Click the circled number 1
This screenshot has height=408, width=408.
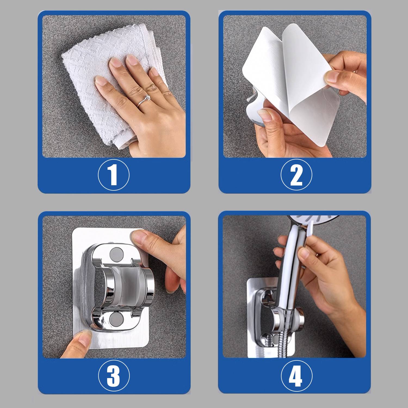point(114,175)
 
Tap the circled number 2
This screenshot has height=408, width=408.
point(296,175)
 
